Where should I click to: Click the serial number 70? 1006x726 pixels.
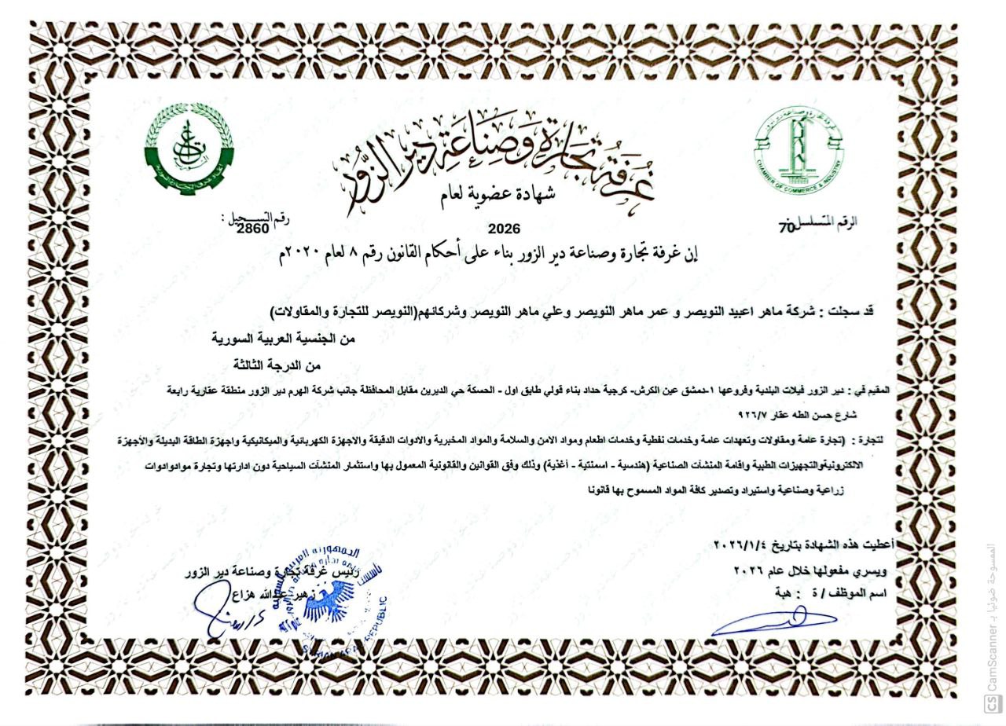pyautogui.click(x=785, y=229)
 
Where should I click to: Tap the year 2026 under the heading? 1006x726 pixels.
pyautogui.click(x=504, y=229)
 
